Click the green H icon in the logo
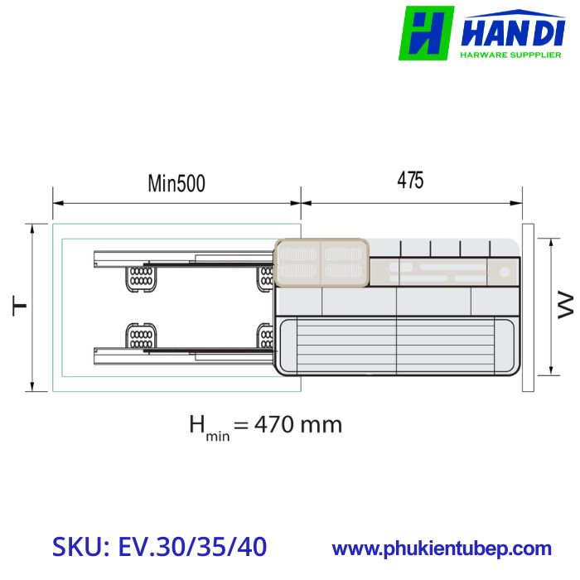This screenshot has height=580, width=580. pyautogui.click(x=426, y=32)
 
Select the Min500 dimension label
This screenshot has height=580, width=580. pyautogui.click(x=176, y=183)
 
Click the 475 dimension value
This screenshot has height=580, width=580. pyautogui.click(x=410, y=181)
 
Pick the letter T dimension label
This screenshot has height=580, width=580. pyautogui.click(x=18, y=307)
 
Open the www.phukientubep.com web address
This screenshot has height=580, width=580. pyautogui.click(x=442, y=549)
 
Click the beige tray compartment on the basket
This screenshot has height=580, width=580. pyautogui.click(x=321, y=262)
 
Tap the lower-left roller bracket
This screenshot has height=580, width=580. pyautogui.click(x=140, y=338)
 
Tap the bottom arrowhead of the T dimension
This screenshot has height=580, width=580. pyautogui.click(x=32, y=387)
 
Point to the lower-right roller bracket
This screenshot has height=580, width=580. pyautogui.click(x=266, y=338)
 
